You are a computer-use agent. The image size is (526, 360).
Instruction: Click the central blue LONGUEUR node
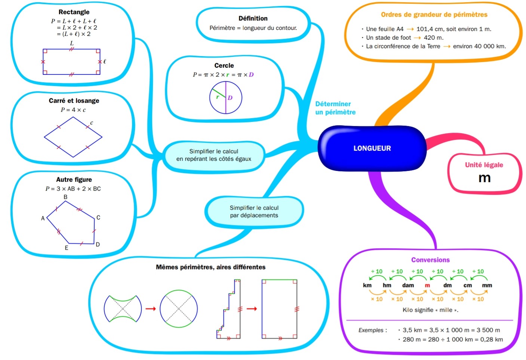click(372, 148)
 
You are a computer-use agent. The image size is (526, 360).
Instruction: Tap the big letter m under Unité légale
click(485, 178)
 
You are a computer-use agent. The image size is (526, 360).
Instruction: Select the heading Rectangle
click(74, 12)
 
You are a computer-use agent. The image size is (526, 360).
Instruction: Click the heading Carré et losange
click(74, 101)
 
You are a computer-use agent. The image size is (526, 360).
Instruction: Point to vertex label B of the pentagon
click(65, 197)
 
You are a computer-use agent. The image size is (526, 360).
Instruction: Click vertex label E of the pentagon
click(67, 248)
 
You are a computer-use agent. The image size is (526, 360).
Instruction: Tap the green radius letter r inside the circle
click(218, 97)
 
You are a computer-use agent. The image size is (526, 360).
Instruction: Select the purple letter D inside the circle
click(230, 98)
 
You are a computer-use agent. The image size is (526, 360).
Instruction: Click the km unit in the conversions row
click(367, 285)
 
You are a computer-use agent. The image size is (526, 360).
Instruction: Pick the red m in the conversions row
click(427, 286)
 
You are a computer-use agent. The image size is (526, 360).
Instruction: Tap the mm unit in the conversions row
click(487, 286)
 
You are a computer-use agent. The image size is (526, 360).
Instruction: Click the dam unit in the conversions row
click(408, 285)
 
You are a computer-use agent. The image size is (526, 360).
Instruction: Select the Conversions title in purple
click(430, 260)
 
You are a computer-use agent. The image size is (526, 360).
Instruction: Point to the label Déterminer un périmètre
click(335, 108)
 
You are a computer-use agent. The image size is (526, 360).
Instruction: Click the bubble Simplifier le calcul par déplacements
click(254, 212)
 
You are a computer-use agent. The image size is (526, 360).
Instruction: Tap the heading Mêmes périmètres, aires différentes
click(210, 267)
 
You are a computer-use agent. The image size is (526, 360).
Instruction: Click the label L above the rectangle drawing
click(72, 43)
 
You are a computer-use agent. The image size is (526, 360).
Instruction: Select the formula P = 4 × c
click(73, 110)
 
